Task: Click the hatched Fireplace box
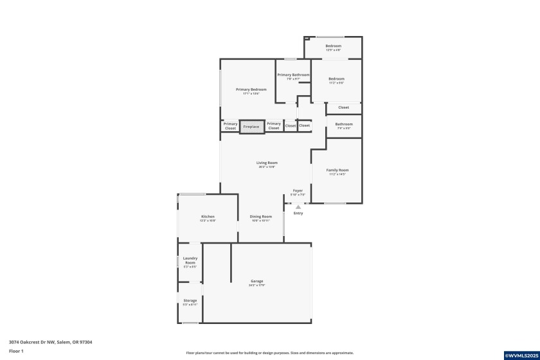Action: click(x=251, y=127)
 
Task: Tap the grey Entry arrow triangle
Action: click(x=298, y=207)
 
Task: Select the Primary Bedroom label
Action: click(x=251, y=90)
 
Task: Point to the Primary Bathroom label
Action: click(x=293, y=75)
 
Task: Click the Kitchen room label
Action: click(x=208, y=217)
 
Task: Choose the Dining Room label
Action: click(x=261, y=217)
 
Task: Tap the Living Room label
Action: click(x=267, y=163)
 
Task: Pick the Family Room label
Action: click(x=337, y=170)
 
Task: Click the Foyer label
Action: click(x=298, y=191)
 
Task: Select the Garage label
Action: click(x=257, y=281)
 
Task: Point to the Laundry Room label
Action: click(x=190, y=260)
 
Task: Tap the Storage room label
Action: click(x=190, y=300)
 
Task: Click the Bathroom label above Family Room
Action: click(x=344, y=124)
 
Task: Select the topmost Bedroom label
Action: click(x=333, y=46)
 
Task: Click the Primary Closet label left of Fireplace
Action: click(x=230, y=126)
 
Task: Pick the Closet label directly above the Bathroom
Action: click(x=344, y=107)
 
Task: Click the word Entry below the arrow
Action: click(x=298, y=213)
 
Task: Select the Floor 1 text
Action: click(x=16, y=351)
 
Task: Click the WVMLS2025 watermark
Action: click(x=521, y=355)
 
